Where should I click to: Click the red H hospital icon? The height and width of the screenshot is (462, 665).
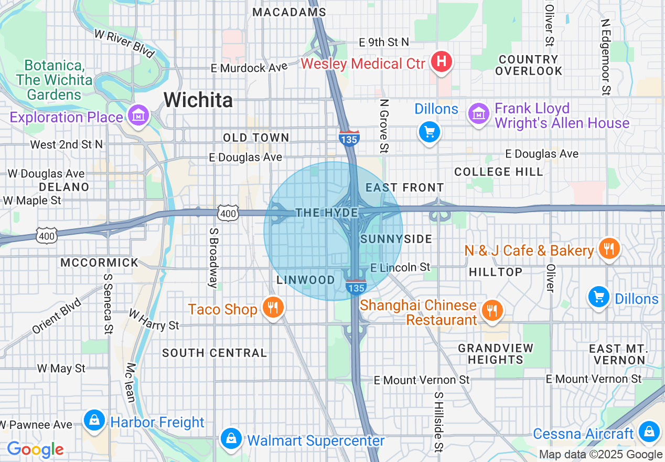tap(442, 62)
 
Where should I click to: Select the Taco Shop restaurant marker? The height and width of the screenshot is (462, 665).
tap(272, 308)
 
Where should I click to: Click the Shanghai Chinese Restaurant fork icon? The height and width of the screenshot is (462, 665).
tap(491, 311)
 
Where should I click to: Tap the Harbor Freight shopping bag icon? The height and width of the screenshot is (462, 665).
tap(94, 421)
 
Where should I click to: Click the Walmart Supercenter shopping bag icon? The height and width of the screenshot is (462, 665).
tap(231, 439)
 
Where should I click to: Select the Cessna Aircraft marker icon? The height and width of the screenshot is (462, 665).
tap(650, 432)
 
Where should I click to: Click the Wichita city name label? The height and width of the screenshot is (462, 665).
tap(198, 99)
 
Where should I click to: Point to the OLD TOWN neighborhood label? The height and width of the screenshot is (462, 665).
tap(256, 138)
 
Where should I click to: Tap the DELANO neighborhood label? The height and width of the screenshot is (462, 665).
tap(64, 187)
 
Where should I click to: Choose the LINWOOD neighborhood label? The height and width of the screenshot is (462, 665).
tap(305, 280)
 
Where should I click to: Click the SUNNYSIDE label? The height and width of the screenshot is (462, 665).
tap(396, 239)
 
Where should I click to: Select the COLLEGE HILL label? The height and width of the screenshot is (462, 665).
tap(499, 172)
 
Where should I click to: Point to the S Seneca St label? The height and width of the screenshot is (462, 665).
tap(108, 303)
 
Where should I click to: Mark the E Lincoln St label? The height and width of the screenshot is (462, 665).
tap(400, 268)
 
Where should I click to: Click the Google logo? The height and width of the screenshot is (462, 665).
tap(35, 449)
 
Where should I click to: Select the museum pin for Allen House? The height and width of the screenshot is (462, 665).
tap(478, 114)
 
